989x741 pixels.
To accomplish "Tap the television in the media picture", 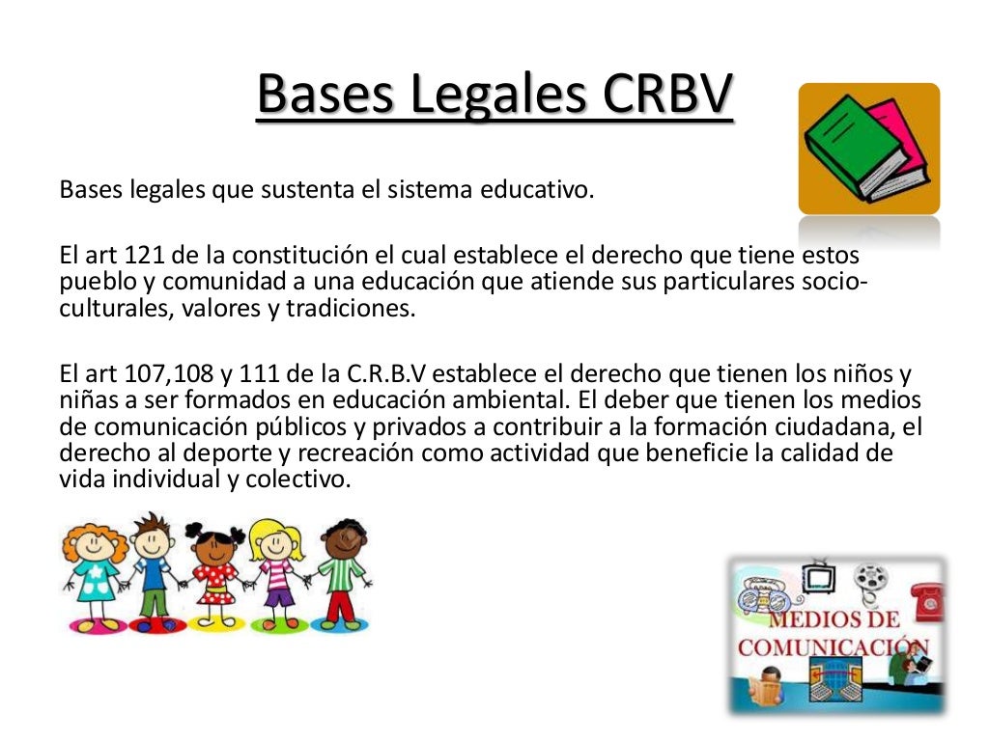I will coord(819,575).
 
